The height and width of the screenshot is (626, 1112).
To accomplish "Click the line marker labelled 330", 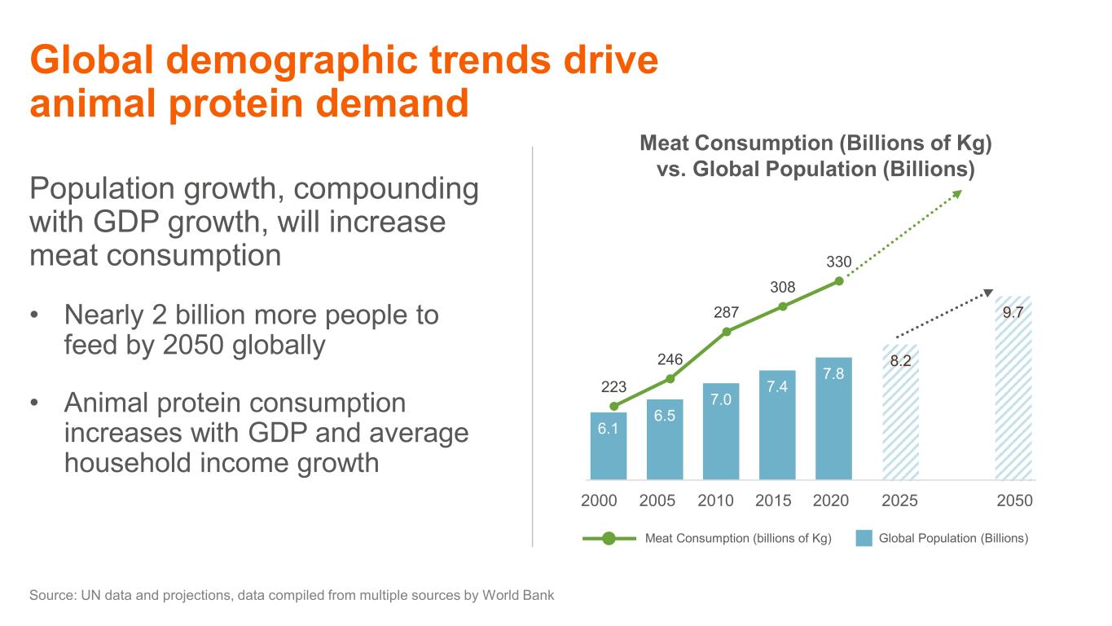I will click(838, 282).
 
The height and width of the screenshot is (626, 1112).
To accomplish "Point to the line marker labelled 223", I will click(613, 406).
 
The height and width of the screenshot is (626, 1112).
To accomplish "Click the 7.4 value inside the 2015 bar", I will click(776, 386).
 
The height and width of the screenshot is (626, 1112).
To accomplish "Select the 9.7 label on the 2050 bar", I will click(1013, 312).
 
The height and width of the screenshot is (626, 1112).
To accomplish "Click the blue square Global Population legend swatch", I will click(864, 538).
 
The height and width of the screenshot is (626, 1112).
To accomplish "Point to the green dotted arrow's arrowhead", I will click(957, 194).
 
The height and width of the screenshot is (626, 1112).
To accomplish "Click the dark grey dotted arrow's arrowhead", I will click(988, 293).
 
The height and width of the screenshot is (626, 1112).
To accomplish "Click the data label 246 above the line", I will click(670, 359).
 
